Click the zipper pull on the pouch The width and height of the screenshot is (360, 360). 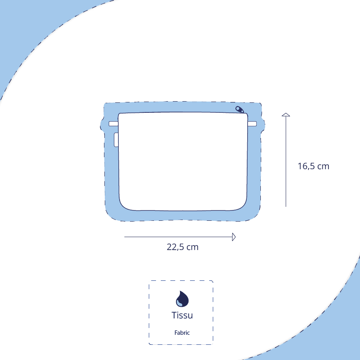240,109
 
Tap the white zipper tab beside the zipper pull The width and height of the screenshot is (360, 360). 252,124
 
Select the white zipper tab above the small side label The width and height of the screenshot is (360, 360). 113,124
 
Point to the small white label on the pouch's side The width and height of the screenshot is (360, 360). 116,140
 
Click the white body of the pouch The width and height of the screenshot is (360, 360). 182,160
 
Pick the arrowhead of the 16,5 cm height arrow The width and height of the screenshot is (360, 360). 286,115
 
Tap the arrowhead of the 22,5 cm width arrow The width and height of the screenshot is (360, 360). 234,237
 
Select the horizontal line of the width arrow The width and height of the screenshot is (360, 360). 176,237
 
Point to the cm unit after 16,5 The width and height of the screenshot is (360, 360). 323,166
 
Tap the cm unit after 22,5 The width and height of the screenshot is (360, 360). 192,247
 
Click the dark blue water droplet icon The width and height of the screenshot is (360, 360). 182,299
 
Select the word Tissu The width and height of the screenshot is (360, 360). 182,315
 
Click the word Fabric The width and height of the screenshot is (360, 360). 182,333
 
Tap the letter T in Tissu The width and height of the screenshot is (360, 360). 174,315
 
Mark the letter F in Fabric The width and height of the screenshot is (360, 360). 176,333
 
